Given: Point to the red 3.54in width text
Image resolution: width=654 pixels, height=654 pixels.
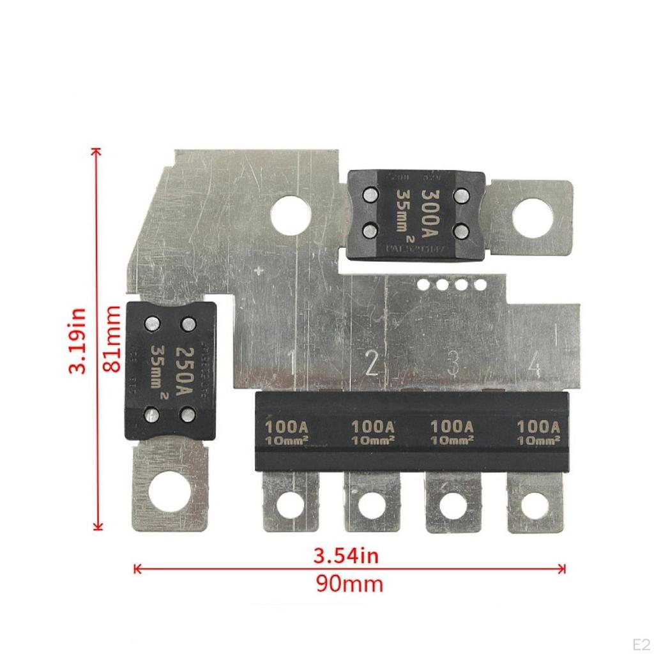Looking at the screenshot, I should (347, 556).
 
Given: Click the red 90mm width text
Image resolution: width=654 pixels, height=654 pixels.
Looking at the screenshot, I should (349, 583).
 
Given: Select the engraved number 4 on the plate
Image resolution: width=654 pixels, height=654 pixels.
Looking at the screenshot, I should (534, 367).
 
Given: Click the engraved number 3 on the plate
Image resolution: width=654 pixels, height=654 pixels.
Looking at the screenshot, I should (453, 363).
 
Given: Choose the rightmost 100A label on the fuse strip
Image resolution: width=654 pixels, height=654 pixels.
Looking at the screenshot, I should (539, 425).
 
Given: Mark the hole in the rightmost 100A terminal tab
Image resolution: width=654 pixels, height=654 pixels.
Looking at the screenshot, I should (534, 505).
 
